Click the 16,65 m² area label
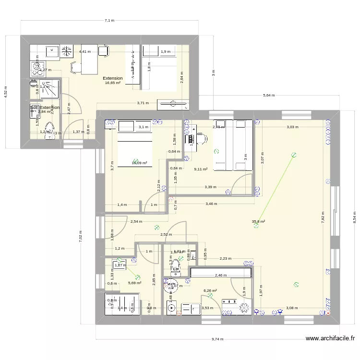(113, 83)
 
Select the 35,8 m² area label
(259, 222)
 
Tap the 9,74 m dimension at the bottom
(217, 339)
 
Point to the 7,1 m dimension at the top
(109, 21)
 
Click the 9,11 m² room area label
(200, 169)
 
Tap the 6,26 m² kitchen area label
(210, 290)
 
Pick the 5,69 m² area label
(134, 283)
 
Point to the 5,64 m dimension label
(269, 96)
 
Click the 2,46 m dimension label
(220, 276)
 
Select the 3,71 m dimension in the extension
(143, 103)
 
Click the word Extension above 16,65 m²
(113, 78)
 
